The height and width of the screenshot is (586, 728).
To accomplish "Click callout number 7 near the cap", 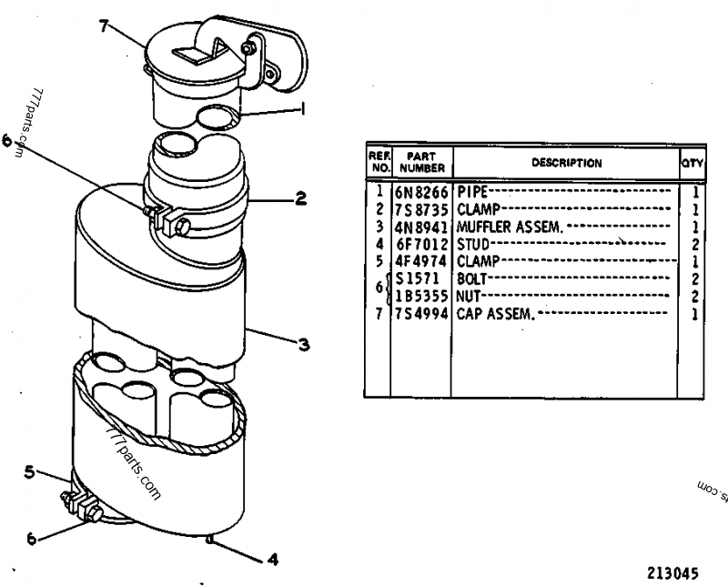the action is (x=104, y=26).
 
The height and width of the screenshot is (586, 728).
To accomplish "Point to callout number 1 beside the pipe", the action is (x=303, y=109).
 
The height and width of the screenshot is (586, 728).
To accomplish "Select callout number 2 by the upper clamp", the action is (x=301, y=198).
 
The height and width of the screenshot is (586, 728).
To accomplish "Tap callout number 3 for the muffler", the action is (x=304, y=345).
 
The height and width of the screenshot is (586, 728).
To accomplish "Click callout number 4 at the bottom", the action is (x=273, y=559).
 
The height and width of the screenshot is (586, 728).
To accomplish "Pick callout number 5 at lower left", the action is (x=29, y=472).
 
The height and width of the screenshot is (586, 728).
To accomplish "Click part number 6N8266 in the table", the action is (x=421, y=192).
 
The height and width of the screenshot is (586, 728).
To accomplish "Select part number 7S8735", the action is (x=421, y=210).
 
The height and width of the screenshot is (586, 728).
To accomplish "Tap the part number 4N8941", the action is (x=421, y=227).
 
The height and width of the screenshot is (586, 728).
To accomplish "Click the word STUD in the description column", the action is (x=473, y=244).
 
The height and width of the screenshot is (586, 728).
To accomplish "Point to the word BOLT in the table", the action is (x=471, y=279).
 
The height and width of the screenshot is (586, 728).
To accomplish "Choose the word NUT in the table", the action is (x=469, y=297).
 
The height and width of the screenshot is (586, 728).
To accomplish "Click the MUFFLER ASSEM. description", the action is (x=510, y=227).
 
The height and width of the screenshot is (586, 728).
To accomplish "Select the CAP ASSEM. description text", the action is (x=496, y=314).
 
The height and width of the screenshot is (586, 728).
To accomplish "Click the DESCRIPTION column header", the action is (x=566, y=163).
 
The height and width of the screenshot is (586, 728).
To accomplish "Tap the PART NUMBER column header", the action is (x=422, y=162).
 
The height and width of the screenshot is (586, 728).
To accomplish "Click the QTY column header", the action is (x=693, y=164).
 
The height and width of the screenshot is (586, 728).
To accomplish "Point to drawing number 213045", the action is (x=672, y=573).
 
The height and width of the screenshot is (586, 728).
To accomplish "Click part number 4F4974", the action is (x=421, y=261).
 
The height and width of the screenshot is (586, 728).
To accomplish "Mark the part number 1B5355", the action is (x=421, y=297).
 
